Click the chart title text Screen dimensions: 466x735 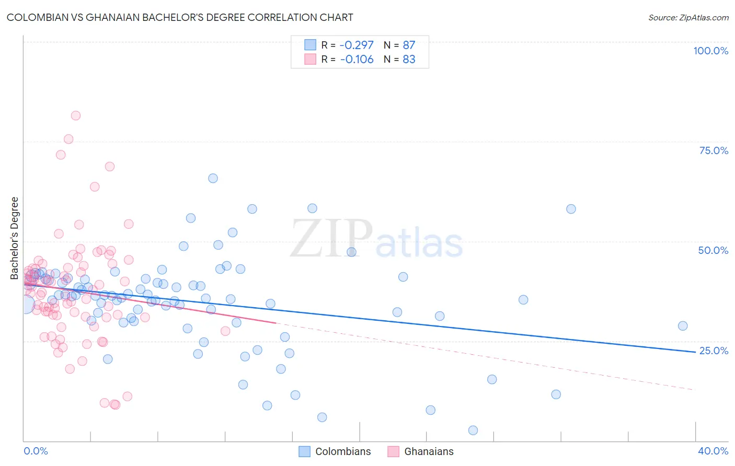coord(180,18)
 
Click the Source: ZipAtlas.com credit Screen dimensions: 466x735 coord(688,18)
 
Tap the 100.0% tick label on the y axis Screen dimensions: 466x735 coord(710,51)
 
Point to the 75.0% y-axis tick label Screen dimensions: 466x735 coord(714,150)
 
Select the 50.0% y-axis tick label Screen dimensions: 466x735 coord(713,250)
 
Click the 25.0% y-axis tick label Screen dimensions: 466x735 coord(714,351)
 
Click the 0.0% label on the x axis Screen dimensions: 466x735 coord(36,451)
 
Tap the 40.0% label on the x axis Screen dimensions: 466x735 coord(713,451)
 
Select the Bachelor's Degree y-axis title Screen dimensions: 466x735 coord(15,238)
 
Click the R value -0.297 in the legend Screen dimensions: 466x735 coord(357,45)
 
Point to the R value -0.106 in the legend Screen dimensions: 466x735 coord(357,59)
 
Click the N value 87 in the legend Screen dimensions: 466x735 coord(409,45)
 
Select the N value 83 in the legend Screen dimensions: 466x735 coord(409,59)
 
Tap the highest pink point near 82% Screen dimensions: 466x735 coord(76,115)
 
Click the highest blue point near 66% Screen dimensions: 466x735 coord(213,178)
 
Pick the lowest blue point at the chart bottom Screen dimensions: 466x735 coord(473,430)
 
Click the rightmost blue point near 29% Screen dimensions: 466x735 coord(683,326)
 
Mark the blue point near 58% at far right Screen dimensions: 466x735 coord(571,209)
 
